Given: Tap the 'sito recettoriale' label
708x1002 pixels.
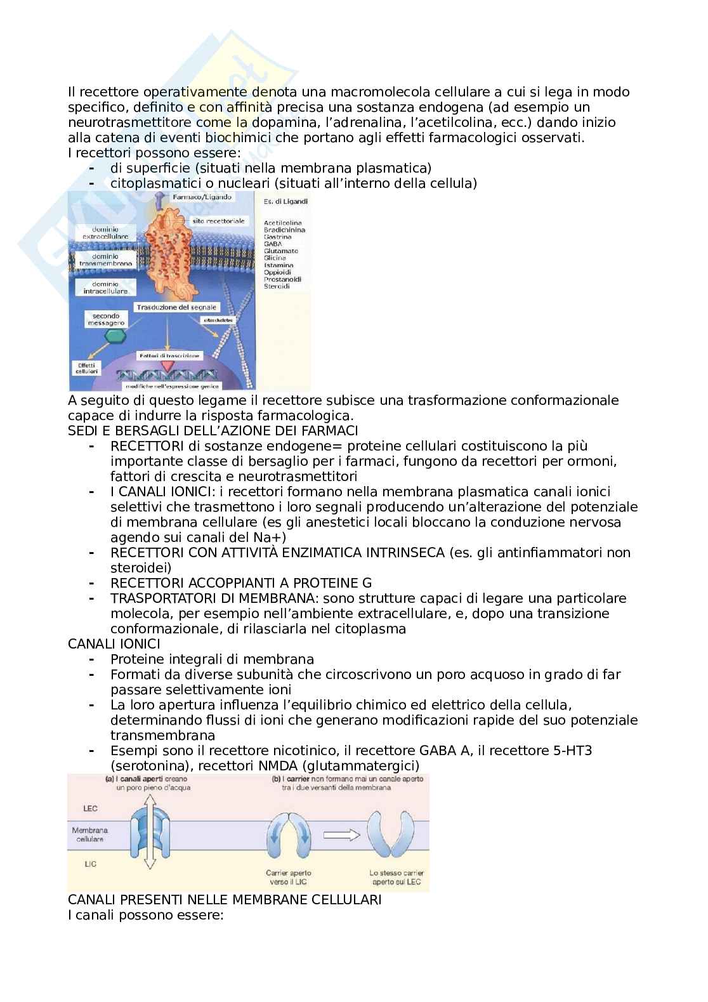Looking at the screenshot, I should pyautogui.click(x=218, y=221).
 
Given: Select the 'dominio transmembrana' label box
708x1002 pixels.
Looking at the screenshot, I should pyautogui.click(x=105, y=260).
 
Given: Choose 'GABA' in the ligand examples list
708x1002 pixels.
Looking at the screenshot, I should pyautogui.click(x=273, y=244).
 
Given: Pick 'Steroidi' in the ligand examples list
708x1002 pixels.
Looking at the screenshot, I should pyautogui.click(x=277, y=286).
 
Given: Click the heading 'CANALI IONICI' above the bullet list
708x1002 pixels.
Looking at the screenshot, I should pyautogui.click(x=114, y=644).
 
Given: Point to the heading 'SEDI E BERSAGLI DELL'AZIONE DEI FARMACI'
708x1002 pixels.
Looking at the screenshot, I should pyautogui.click(x=213, y=431).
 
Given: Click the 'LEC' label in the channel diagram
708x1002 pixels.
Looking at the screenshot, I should pyautogui.click(x=91, y=808).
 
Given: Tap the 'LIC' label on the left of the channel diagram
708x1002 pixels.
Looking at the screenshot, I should pyautogui.click(x=90, y=864).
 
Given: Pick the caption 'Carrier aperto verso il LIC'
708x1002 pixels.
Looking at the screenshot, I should pyautogui.click(x=289, y=878).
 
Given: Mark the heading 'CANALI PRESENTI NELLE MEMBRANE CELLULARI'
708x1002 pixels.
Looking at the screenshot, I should pyautogui.click(x=225, y=900).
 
